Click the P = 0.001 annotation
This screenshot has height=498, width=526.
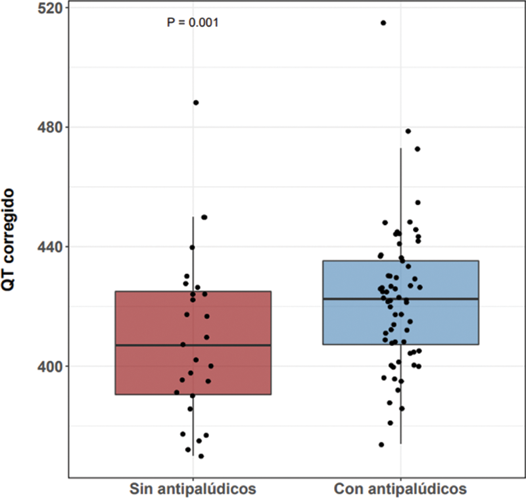pyautogui.click(x=193, y=23)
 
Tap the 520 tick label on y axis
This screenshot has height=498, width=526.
pyautogui.click(x=49, y=8)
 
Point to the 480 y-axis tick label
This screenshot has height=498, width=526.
pyautogui.click(x=49, y=127)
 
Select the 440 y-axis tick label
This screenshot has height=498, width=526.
pyautogui.click(x=49, y=247)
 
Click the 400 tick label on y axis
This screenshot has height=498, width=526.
pyautogui.click(x=49, y=366)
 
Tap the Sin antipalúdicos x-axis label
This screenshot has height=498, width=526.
pyautogui.click(x=193, y=489)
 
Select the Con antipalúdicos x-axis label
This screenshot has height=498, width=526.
pyautogui.click(x=400, y=489)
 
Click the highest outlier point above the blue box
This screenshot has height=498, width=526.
pyautogui.click(x=383, y=23)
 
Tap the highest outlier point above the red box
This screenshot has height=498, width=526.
pyautogui.click(x=196, y=103)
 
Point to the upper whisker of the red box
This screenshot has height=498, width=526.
pyautogui.click(x=193, y=253)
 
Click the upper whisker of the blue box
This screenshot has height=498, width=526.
pyautogui.click(x=400, y=204)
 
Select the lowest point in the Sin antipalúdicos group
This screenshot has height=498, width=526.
pyautogui.click(x=201, y=456)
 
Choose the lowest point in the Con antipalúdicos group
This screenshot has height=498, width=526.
pyautogui.click(x=381, y=445)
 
